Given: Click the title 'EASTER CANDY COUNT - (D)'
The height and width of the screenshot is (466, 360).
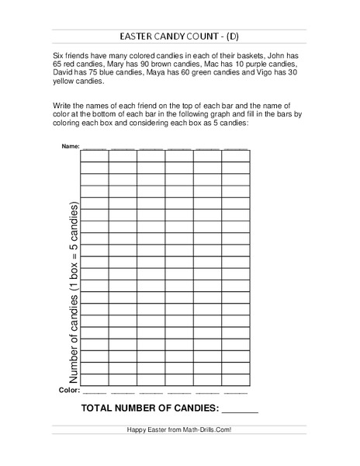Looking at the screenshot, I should [x=179, y=37].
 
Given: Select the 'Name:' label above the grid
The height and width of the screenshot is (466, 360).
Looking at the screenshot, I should [x=69, y=146].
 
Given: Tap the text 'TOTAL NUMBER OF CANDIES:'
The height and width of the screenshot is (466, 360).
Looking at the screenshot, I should [x=151, y=407].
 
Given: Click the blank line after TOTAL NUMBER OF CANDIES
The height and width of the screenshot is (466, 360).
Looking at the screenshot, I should [x=241, y=409].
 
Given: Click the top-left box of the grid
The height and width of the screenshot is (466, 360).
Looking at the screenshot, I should [x=94, y=155].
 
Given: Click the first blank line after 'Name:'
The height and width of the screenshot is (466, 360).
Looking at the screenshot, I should [x=94, y=146].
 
